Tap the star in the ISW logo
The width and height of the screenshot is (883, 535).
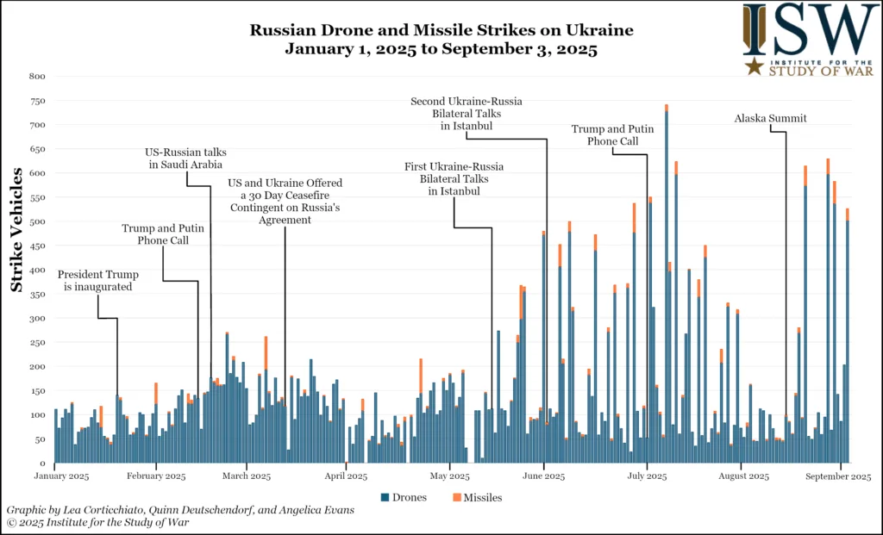click(x=755, y=67)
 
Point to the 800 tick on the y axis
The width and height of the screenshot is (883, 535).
click(x=37, y=77)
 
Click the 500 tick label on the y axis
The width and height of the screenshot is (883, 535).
click(x=37, y=221)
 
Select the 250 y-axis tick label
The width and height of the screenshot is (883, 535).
click(x=37, y=343)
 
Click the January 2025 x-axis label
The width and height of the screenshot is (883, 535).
click(x=61, y=476)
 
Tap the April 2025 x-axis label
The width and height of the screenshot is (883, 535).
click(x=345, y=476)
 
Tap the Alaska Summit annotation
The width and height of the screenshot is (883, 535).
click(x=771, y=119)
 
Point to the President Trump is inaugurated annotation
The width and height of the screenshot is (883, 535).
click(x=97, y=281)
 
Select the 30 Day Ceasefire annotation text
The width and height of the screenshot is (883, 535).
click(x=285, y=202)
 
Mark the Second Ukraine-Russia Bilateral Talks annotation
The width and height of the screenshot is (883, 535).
click(x=467, y=114)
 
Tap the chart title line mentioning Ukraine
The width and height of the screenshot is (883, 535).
click(x=441, y=31)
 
